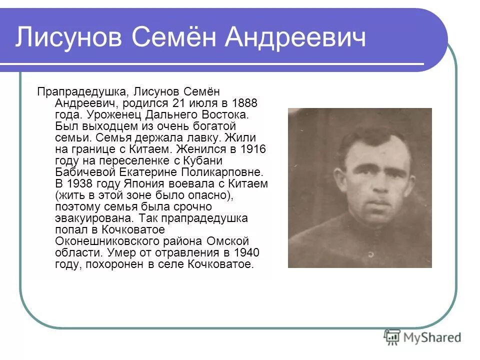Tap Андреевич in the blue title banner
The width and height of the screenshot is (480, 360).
tap(295, 38)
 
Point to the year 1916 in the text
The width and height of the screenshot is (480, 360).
tap(253, 149)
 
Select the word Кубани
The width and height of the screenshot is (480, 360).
tap(201, 160)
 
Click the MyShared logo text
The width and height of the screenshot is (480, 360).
tap(432, 337)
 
